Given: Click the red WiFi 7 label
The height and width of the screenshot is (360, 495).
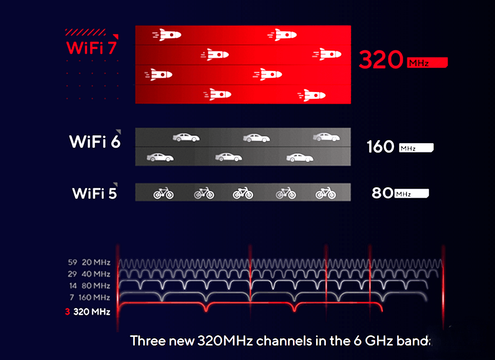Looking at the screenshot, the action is tap(91, 48).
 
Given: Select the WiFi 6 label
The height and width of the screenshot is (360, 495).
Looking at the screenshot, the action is tap(95, 142).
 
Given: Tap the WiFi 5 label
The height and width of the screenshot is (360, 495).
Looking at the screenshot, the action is tap(95, 194).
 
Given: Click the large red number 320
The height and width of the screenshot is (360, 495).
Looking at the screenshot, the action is tap(381, 60).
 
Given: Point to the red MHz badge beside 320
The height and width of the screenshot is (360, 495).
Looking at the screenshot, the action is tap(427, 62).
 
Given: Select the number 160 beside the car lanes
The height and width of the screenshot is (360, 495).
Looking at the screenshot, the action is tap(380, 147).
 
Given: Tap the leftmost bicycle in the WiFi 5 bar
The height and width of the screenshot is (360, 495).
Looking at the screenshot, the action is tap(163, 193).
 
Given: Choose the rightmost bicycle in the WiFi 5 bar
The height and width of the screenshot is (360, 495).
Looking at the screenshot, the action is tap(326, 193).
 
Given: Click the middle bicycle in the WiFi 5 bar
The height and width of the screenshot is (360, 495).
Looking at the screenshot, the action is tap(243, 193).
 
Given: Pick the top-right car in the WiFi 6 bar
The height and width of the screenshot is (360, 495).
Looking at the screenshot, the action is tap(326, 137).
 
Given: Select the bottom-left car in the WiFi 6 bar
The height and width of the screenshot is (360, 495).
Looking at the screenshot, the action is tap(160, 157).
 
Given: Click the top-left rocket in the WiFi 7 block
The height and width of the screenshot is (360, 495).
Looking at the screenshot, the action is tap(167, 35).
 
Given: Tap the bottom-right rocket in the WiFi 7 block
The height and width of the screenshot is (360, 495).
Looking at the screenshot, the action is tap(311, 95).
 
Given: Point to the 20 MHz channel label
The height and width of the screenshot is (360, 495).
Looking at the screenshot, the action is tap(96, 262).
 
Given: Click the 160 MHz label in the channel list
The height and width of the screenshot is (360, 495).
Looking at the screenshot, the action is tap(94, 298).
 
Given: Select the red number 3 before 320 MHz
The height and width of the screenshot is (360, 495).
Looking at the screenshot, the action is tap(67, 312).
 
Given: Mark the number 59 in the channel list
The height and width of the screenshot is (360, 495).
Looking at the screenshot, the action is tap(73, 262).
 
